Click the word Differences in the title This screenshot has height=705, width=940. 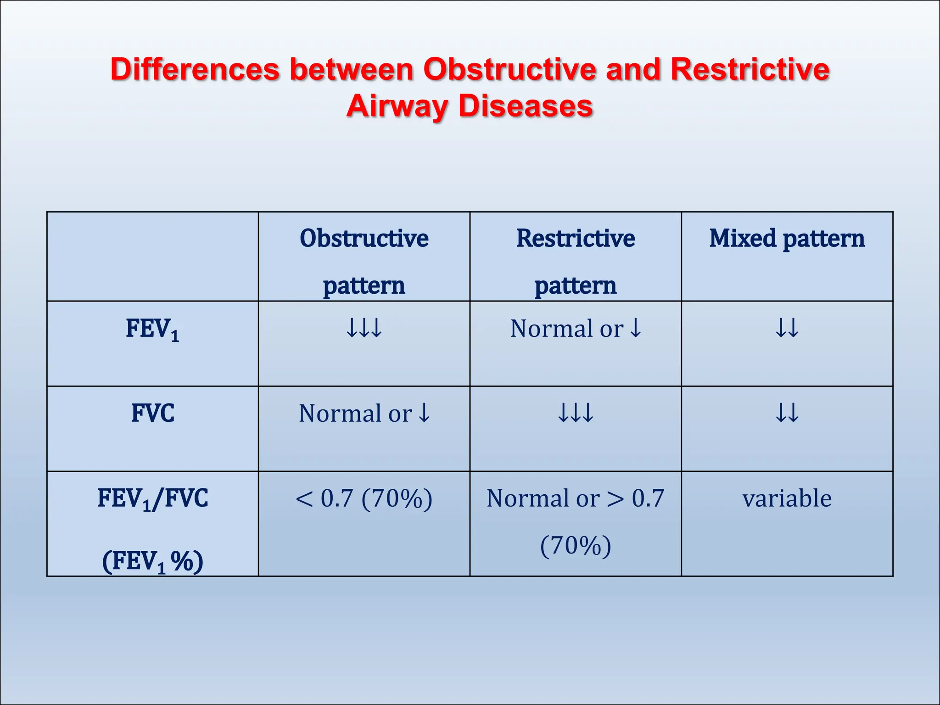point(195,70)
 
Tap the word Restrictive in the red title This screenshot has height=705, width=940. point(750,70)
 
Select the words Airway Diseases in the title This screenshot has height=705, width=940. point(470,106)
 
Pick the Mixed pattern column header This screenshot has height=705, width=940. point(787,239)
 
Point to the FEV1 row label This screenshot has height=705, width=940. point(152,330)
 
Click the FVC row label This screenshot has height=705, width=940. point(152,413)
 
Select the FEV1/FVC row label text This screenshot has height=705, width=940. point(152,499)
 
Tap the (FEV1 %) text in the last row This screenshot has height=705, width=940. point(152,561)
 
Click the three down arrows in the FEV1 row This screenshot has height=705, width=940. point(364,328)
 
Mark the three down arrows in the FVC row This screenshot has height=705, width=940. point(576,413)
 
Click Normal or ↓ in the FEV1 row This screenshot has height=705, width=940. point(576,329)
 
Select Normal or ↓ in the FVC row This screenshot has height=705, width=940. point(364,413)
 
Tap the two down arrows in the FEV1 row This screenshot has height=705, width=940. point(787,328)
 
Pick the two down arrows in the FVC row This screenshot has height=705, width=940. point(787,413)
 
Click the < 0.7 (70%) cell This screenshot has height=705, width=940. point(364,498)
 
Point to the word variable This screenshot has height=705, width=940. point(787,498)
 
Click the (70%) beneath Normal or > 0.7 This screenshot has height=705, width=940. point(576,546)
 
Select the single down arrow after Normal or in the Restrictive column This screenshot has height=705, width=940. point(636,328)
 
